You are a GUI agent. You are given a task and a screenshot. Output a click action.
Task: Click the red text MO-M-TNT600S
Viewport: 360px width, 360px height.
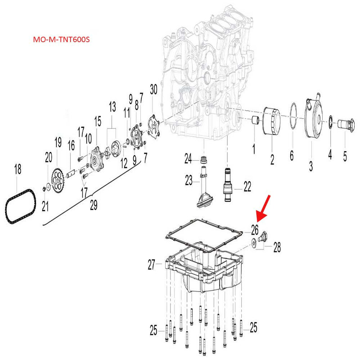point(62,40)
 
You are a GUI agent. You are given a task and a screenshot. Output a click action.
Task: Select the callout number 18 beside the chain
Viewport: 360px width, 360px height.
point(17,170)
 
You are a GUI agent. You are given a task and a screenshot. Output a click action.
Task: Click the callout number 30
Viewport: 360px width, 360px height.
point(153,90)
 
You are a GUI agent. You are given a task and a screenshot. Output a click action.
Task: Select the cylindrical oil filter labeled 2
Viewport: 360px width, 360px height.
point(271,121)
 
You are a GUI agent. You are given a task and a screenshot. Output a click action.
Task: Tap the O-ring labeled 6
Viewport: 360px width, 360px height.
point(292,118)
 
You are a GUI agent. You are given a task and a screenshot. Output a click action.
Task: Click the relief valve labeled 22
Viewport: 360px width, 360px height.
point(228,184)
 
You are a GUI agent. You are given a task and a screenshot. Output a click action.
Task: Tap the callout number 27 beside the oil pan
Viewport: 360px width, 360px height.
point(151,266)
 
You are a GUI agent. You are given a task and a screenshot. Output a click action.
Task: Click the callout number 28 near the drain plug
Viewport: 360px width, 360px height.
point(277,246)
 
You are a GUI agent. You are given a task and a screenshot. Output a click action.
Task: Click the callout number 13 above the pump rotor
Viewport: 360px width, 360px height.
point(112,107)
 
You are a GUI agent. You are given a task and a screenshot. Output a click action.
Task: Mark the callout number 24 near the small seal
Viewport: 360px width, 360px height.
point(188,158)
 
